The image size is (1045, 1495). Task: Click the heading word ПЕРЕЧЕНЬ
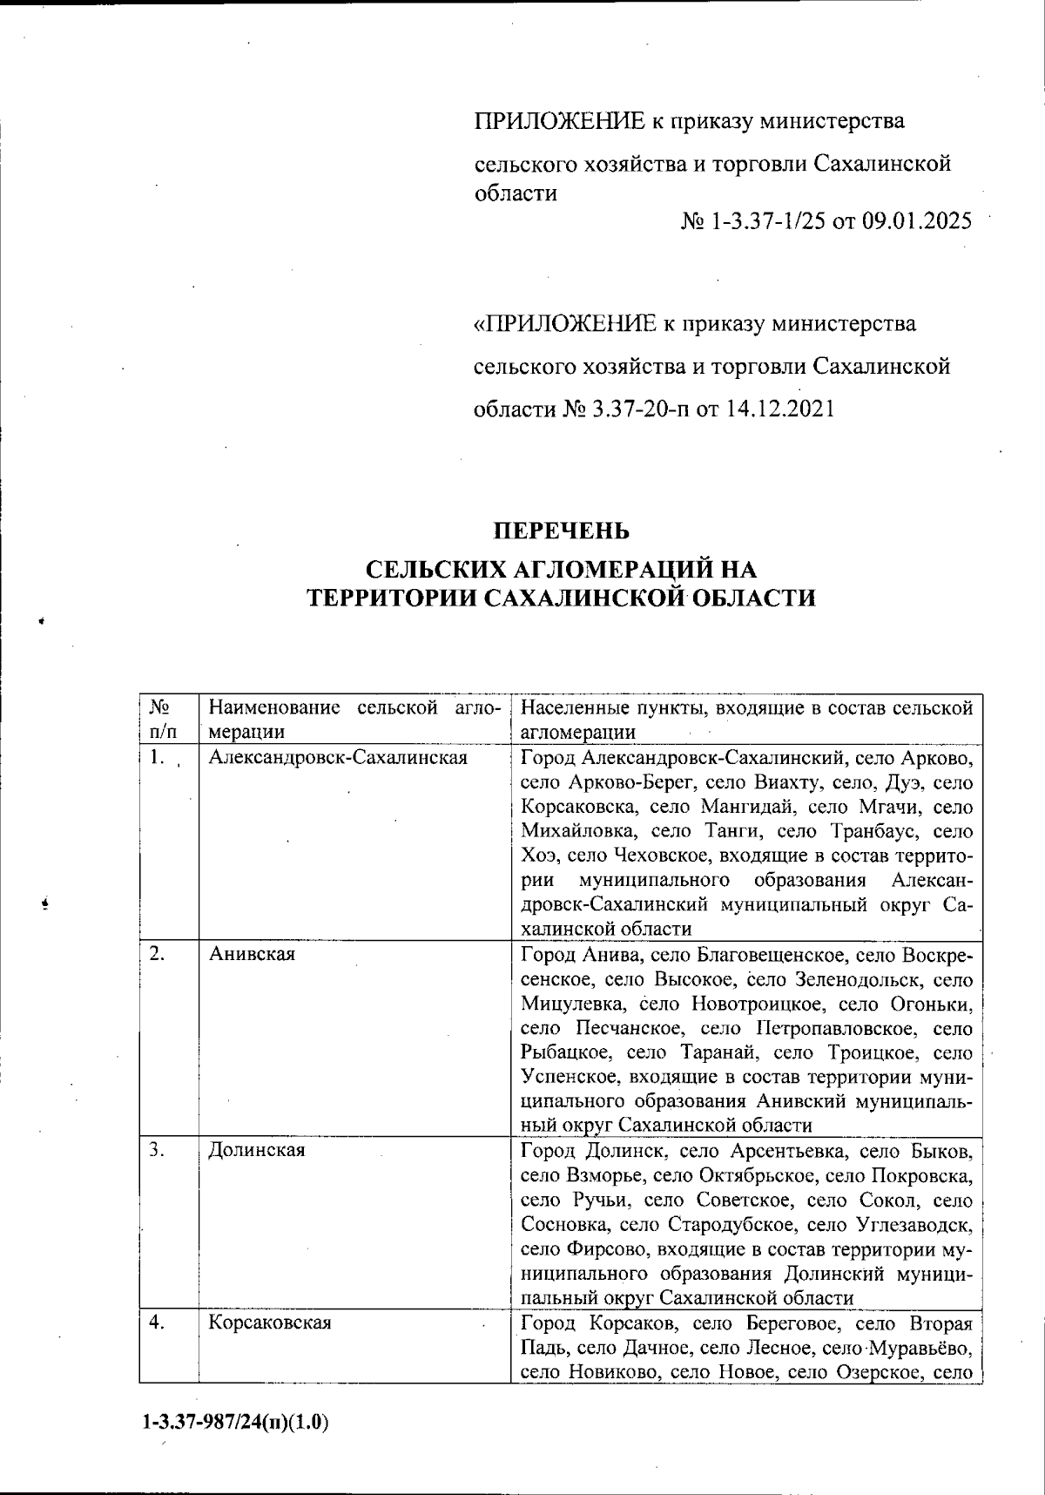(561, 531)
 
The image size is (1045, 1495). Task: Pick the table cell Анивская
(253, 954)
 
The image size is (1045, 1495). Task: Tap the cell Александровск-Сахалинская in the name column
(338, 758)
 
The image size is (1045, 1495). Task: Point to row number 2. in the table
(158, 954)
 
